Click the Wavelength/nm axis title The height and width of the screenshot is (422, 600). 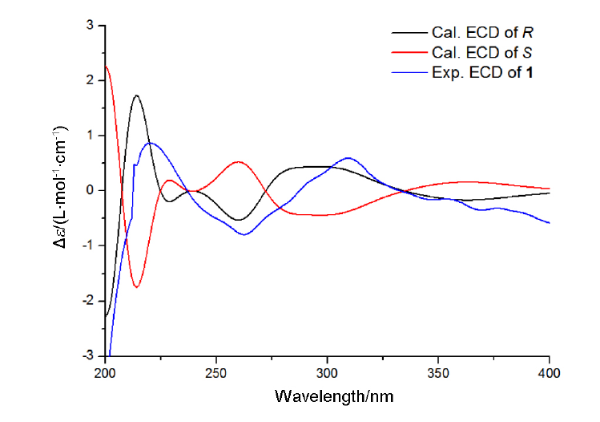pyautogui.click(x=334, y=396)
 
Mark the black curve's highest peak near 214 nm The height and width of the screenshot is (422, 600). pyautogui.click(x=137, y=95)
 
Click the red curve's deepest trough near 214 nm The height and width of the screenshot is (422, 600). pyautogui.click(x=137, y=286)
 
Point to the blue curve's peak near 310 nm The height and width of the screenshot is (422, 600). pyautogui.click(x=348, y=158)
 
